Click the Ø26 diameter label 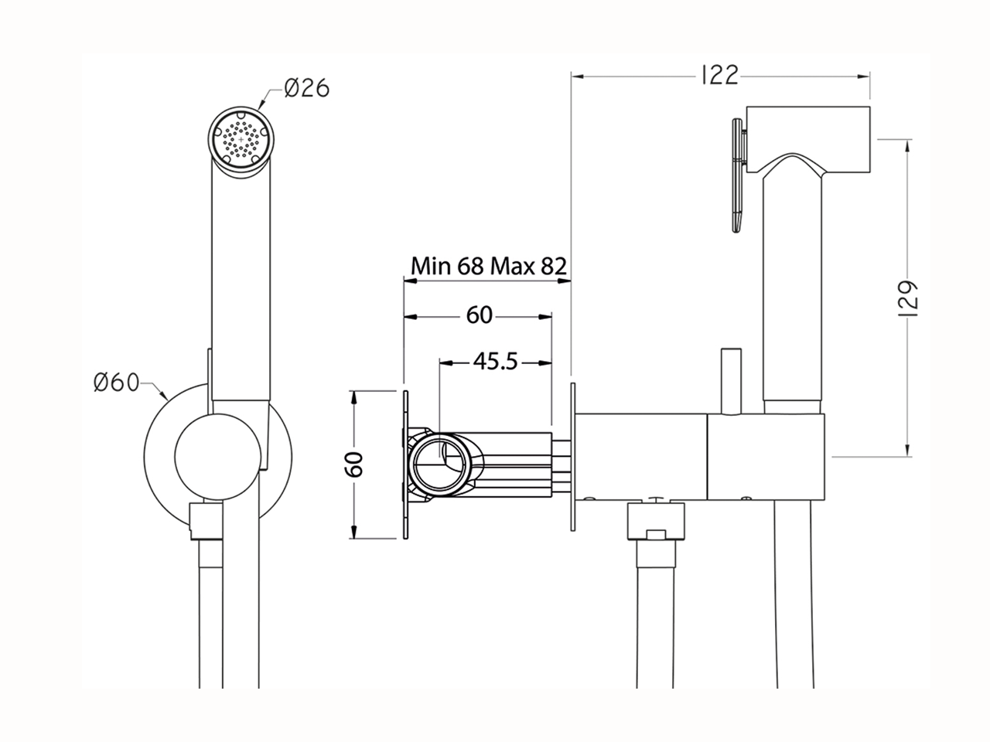pyautogui.click(x=307, y=90)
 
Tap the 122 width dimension pyautogui.click(x=719, y=75)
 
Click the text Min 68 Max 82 pyautogui.click(x=489, y=267)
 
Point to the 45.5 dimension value pyautogui.click(x=495, y=361)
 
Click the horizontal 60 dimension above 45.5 pyautogui.click(x=479, y=315)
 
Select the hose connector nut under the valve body pyautogui.click(x=656, y=522)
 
